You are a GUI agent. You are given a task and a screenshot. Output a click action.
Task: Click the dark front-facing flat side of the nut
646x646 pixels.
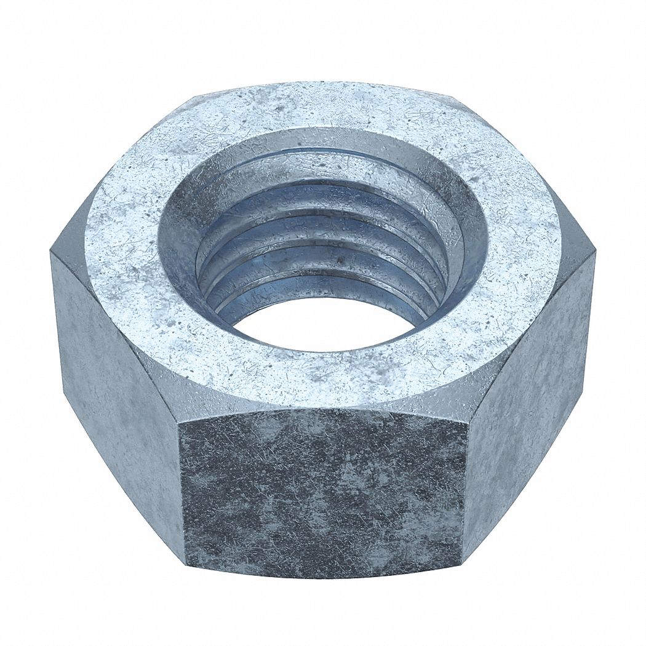[323, 492]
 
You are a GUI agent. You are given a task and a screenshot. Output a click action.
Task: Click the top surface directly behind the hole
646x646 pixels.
[323, 108]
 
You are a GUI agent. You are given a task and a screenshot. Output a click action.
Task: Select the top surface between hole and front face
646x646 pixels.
[323, 378]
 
